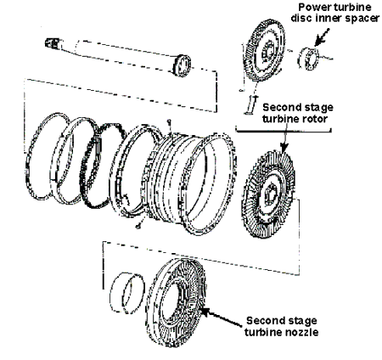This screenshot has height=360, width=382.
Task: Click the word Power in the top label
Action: click(316, 7)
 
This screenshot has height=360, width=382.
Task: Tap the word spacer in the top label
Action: click(362, 18)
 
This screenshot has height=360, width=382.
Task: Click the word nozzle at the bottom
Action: click(303, 332)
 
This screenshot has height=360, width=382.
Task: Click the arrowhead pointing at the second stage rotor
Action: click(284, 148)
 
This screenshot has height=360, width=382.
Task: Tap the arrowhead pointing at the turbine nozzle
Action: click(205, 312)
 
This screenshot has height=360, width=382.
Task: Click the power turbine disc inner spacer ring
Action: click(308, 59)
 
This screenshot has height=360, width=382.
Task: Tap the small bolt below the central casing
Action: click(138, 227)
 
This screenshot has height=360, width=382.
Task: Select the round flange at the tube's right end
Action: click(182, 65)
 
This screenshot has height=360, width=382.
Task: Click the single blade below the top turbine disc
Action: click(250, 105)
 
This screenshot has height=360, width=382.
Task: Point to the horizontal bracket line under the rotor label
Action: click(284, 132)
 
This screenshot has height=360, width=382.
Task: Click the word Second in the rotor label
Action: click(280, 108)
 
